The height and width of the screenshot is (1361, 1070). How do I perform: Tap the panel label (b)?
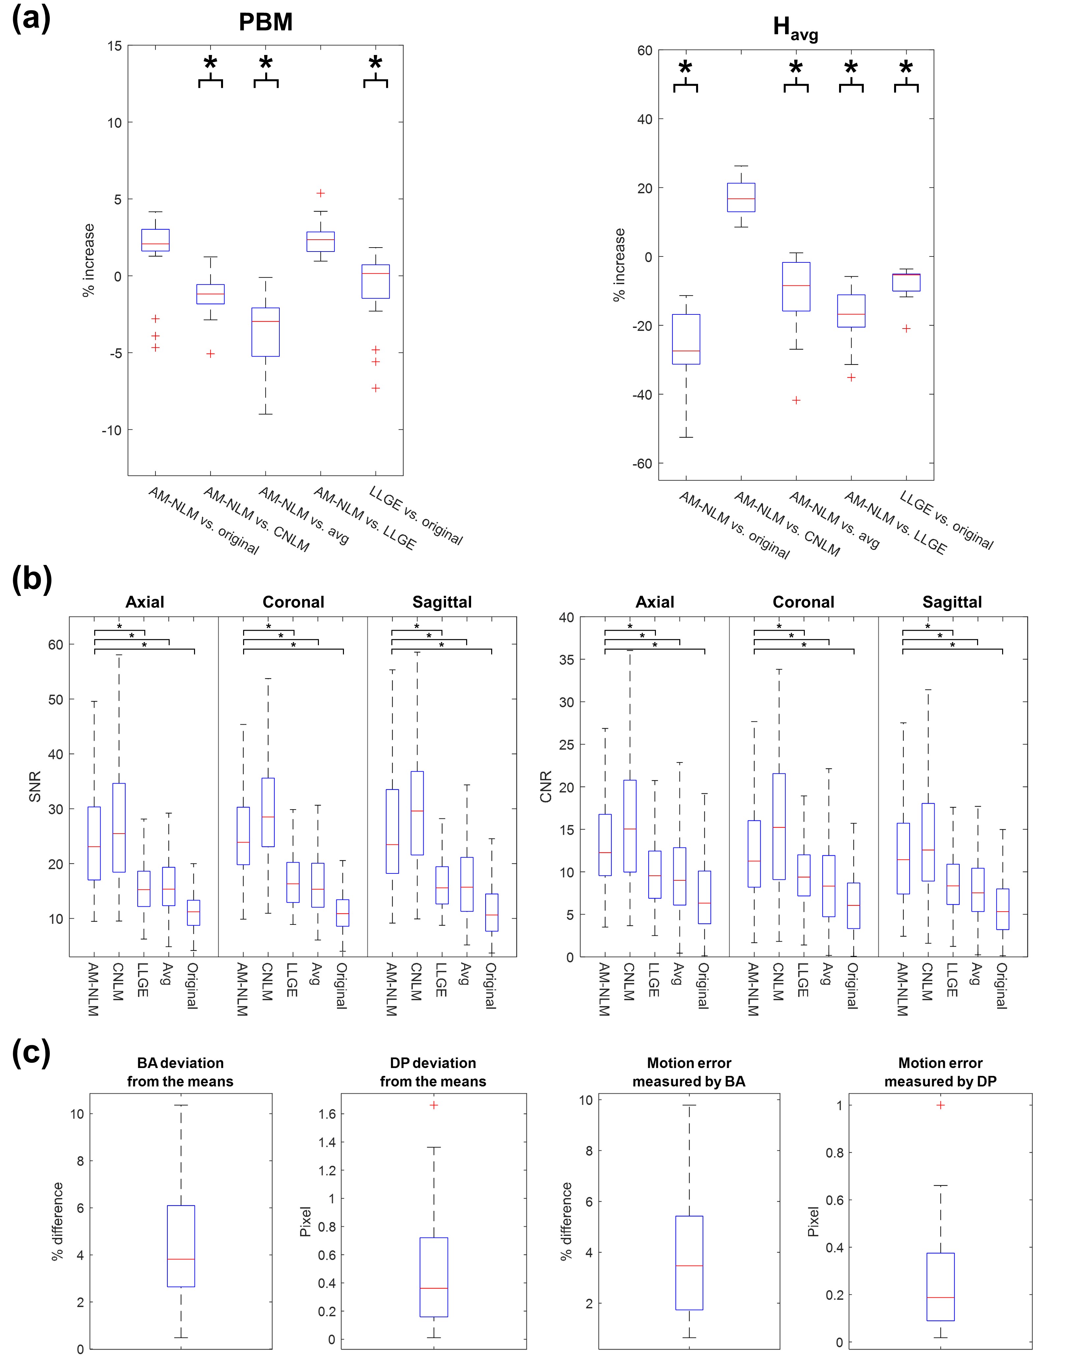click(x=31, y=579)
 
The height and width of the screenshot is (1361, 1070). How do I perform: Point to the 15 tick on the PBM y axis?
click(x=115, y=46)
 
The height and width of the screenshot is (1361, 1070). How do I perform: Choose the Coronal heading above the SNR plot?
click(x=293, y=602)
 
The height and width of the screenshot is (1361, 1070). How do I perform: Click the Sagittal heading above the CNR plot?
click(x=952, y=602)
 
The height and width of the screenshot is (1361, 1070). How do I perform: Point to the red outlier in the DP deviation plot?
click(x=434, y=1105)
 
